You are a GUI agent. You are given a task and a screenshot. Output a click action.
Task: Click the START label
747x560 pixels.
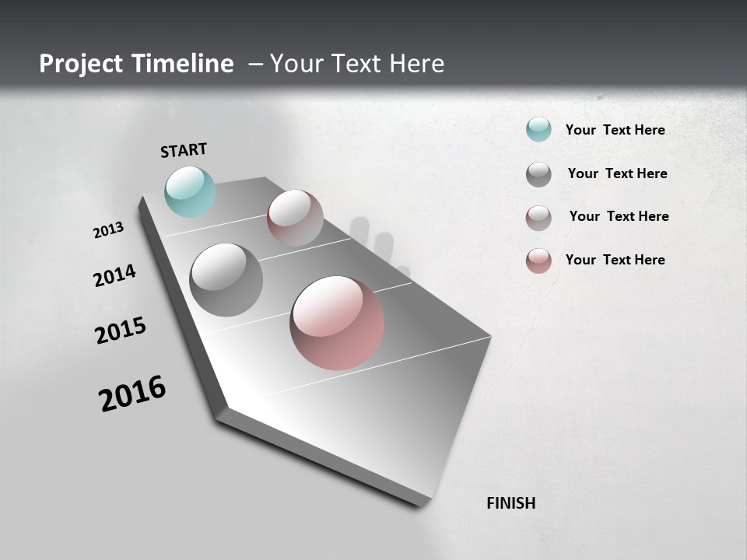[184, 150]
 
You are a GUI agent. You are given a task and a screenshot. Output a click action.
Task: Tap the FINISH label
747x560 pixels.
[510, 503]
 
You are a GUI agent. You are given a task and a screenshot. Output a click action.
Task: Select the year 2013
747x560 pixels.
[108, 230]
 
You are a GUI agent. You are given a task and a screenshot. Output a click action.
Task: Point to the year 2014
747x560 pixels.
[114, 275]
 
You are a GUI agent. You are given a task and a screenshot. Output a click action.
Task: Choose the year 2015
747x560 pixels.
[121, 331]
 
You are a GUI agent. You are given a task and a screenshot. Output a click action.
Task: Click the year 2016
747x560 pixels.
[132, 394]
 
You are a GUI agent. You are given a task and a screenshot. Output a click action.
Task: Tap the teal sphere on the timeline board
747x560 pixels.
[190, 191]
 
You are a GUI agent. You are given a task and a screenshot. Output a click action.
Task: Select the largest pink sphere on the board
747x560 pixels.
[337, 323]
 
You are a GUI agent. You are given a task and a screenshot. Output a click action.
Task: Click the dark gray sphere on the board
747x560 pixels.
[226, 280]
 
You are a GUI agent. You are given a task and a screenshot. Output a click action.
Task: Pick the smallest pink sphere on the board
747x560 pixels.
[295, 218]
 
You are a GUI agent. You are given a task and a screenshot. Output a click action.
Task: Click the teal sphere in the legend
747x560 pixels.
[538, 129]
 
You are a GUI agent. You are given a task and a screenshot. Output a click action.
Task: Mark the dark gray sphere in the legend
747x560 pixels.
[538, 174]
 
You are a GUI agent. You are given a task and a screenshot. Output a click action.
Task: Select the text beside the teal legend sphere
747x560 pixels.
[615, 130]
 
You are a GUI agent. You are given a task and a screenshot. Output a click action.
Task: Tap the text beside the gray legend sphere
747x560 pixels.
[617, 173]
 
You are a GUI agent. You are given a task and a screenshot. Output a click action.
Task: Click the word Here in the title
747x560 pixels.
[416, 64]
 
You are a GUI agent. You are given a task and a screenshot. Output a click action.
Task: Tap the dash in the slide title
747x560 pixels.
[255, 65]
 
